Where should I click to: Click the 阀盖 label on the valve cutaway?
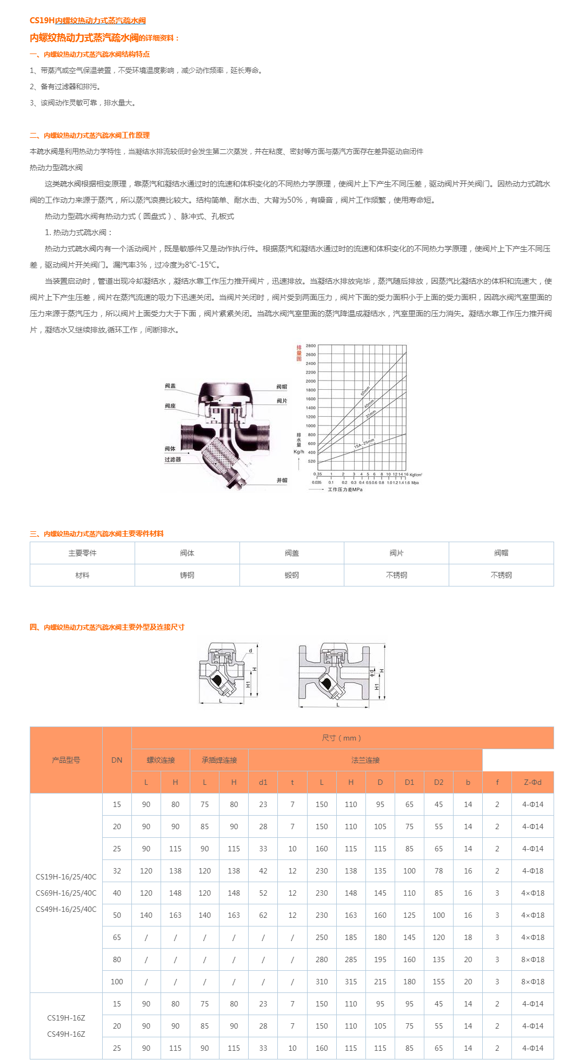point(170,386)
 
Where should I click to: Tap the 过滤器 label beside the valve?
point(173,459)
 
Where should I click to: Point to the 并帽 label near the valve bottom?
point(282,480)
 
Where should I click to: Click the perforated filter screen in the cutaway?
point(221,454)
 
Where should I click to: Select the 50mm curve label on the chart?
point(365,390)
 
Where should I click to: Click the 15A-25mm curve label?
point(363,444)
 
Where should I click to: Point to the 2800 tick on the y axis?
point(311,345)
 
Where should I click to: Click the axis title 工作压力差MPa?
point(345,489)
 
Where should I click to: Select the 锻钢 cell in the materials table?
point(292,575)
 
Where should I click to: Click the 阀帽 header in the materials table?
point(501,553)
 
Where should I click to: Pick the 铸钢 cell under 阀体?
point(187,575)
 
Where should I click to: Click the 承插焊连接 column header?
point(219,760)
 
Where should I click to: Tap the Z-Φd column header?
point(532,782)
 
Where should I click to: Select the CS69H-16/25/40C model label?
point(66,893)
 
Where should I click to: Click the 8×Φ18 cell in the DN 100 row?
point(532,982)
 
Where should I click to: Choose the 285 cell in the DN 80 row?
point(351,959)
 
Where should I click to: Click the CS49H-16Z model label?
point(66,1034)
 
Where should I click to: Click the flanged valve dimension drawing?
point(342,675)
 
